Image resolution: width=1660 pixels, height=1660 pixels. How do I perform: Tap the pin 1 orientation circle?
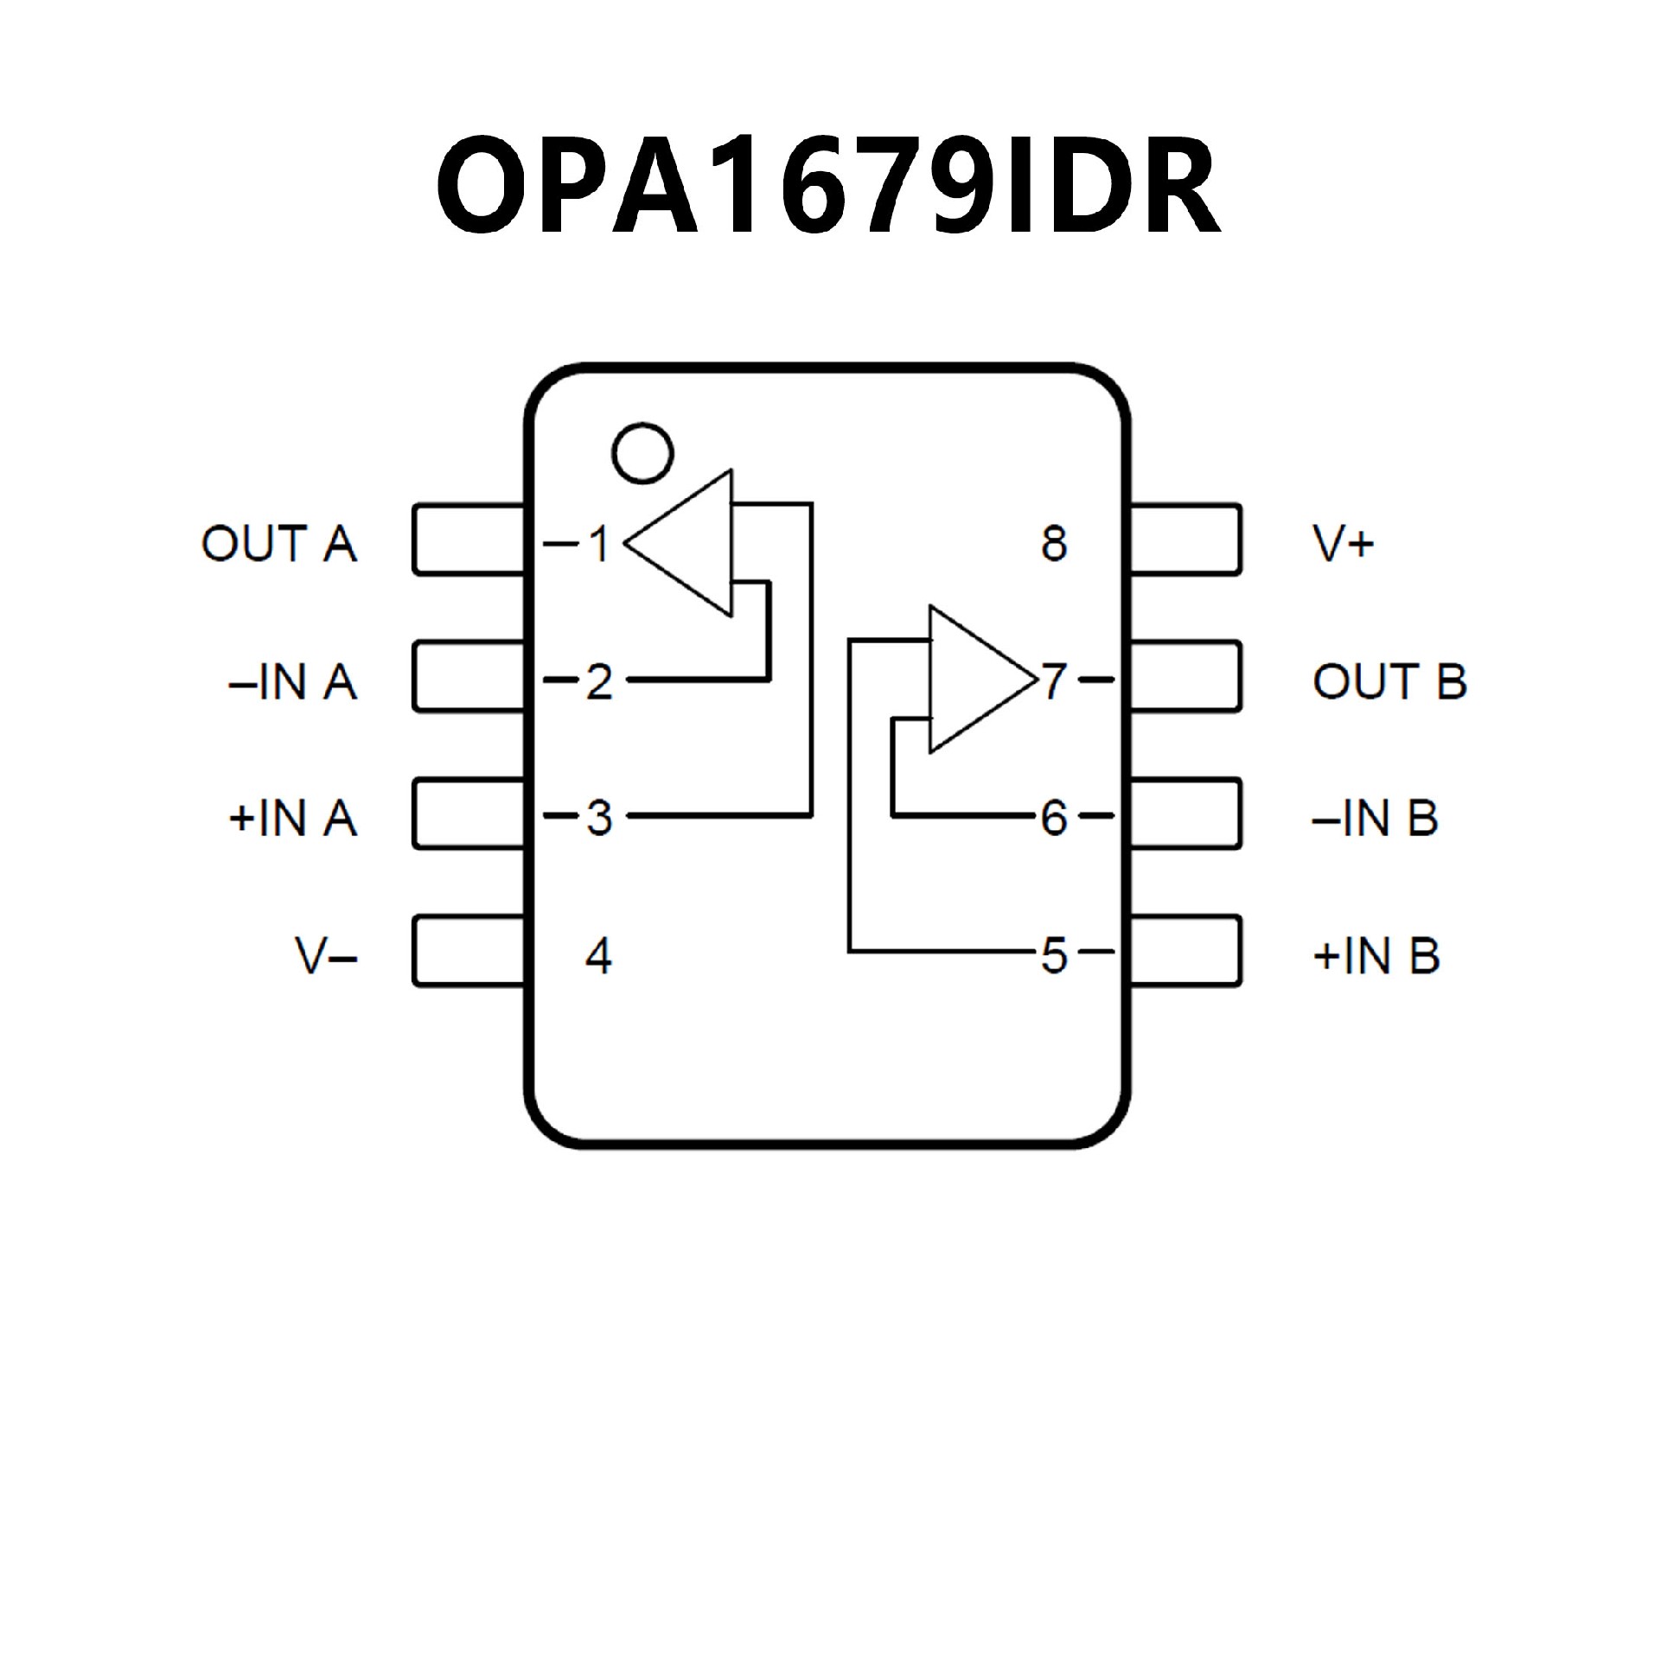[642, 452]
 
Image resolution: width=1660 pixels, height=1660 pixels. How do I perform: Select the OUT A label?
[278, 544]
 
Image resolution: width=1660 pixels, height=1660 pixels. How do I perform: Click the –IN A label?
[292, 681]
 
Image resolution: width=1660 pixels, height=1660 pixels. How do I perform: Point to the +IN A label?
[292, 818]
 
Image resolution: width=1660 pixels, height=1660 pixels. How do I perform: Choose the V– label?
[327, 955]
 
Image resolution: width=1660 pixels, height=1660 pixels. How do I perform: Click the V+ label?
[1344, 544]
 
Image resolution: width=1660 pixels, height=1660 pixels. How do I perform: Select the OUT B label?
[1389, 681]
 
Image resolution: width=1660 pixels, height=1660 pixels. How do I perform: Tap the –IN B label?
[1375, 818]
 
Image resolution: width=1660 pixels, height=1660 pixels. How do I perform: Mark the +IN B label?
[1376, 955]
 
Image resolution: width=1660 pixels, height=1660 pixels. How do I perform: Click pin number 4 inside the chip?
[598, 955]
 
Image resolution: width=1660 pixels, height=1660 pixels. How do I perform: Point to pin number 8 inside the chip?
[1054, 544]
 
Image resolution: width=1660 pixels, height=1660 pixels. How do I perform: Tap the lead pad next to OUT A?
[469, 539]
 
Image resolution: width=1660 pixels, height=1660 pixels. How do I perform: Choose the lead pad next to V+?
[1185, 539]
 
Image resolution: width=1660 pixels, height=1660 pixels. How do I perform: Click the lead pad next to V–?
[469, 951]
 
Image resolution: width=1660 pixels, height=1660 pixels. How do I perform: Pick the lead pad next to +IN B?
[1185, 951]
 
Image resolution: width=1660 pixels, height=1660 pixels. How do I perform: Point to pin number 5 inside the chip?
[1054, 955]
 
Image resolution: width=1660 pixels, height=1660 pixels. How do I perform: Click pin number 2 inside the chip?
[598, 681]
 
